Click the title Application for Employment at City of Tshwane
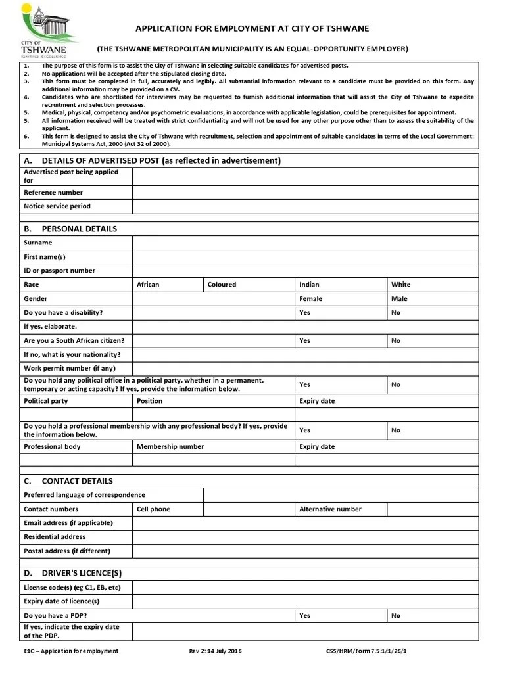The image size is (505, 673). click(252, 29)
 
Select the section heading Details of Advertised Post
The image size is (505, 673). click(152, 161)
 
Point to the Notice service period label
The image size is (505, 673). click(57, 206)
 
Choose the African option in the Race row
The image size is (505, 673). click(148, 285)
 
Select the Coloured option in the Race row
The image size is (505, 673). click(222, 285)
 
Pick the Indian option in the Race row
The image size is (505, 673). click(309, 285)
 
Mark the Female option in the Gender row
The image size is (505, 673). click(311, 299)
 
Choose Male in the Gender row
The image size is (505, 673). click(399, 299)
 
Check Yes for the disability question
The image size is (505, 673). click(304, 313)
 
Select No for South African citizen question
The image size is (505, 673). click(395, 341)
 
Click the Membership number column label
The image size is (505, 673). click(170, 447)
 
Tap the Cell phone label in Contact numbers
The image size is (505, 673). click(153, 509)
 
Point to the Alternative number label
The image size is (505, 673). click(330, 509)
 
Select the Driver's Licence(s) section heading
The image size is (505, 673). click(82, 573)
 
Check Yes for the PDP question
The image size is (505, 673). click(304, 616)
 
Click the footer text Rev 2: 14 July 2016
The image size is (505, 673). click(216, 651)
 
